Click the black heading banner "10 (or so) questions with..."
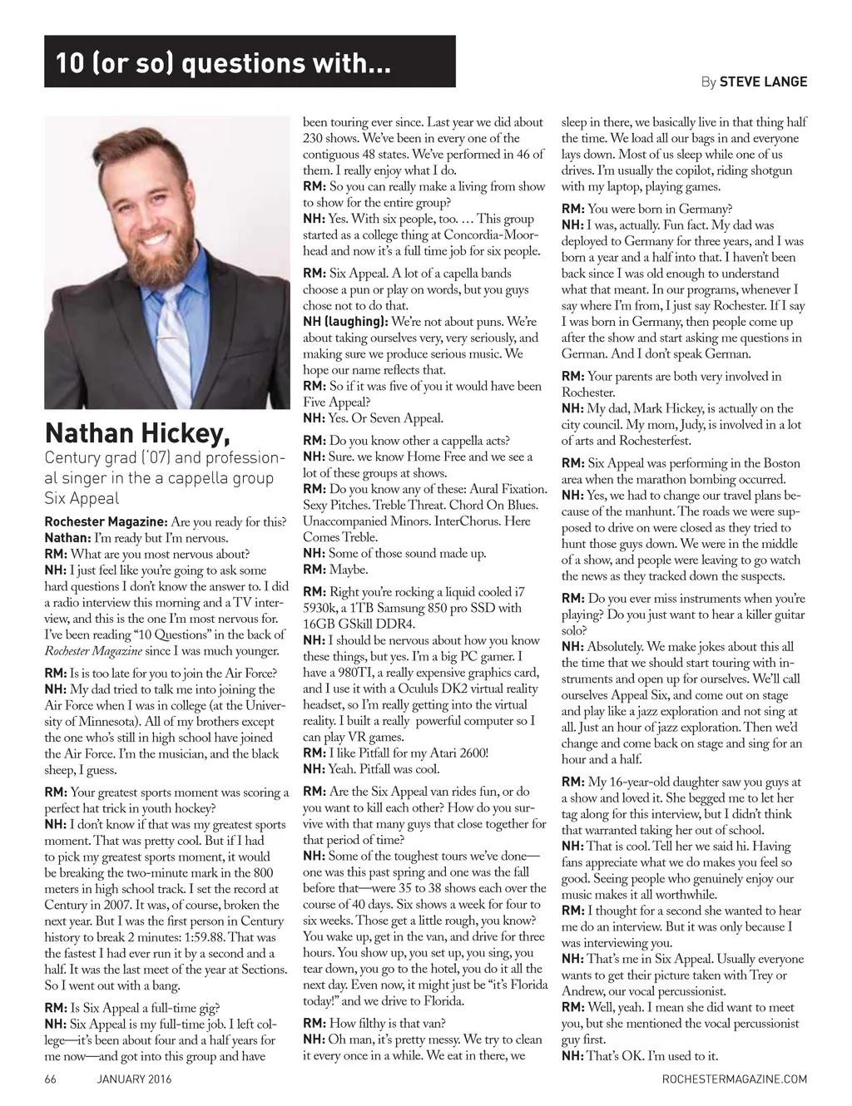coord(250,62)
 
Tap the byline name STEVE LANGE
coord(763,81)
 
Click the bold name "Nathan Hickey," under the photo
coord(137,433)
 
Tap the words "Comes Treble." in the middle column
coord(334,537)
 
